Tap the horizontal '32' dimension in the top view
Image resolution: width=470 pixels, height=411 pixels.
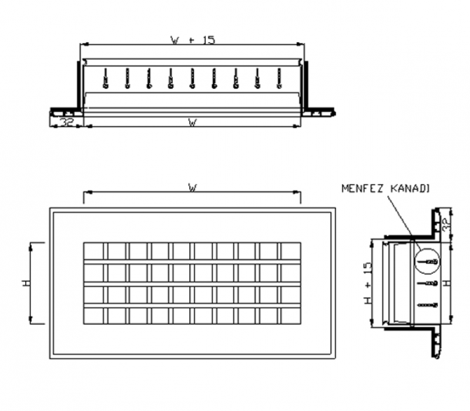[x=66, y=123]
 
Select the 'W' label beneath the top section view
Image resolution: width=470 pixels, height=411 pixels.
[x=192, y=123]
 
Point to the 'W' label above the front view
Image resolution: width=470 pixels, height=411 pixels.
[x=192, y=188]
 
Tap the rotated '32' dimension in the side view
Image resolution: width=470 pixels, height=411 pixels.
[x=445, y=224]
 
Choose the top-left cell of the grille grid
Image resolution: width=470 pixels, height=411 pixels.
[x=94, y=251]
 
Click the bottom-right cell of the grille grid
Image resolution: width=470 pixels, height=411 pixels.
[x=290, y=316]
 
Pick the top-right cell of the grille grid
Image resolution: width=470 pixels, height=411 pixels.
[x=290, y=251]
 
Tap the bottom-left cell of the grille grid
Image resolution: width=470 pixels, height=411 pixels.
[x=94, y=316]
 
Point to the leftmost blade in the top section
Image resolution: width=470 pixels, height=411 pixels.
[x=105, y=79]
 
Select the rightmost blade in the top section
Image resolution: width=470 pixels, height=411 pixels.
[x=279, y=79]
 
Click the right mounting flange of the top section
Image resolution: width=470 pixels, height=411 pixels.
[x=318, y=110]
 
